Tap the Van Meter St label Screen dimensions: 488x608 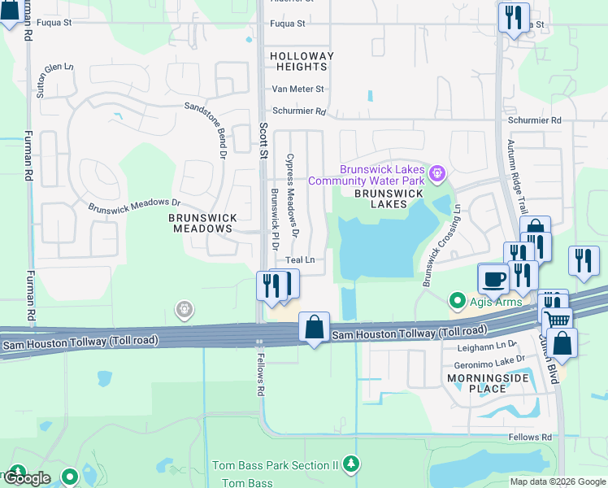pos(297,89)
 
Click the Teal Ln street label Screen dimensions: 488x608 pos(299,260)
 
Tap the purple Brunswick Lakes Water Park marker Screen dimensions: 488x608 pos(438,172)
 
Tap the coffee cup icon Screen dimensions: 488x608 pos(493,280)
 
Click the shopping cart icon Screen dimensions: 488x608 pos(557,320)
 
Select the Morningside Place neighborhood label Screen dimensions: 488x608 pos(478,384)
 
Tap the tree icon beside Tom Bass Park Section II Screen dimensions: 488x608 pos(350,464)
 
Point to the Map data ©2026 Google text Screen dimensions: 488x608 pos(558,481)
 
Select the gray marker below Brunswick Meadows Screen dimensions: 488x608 pos(185,308)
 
